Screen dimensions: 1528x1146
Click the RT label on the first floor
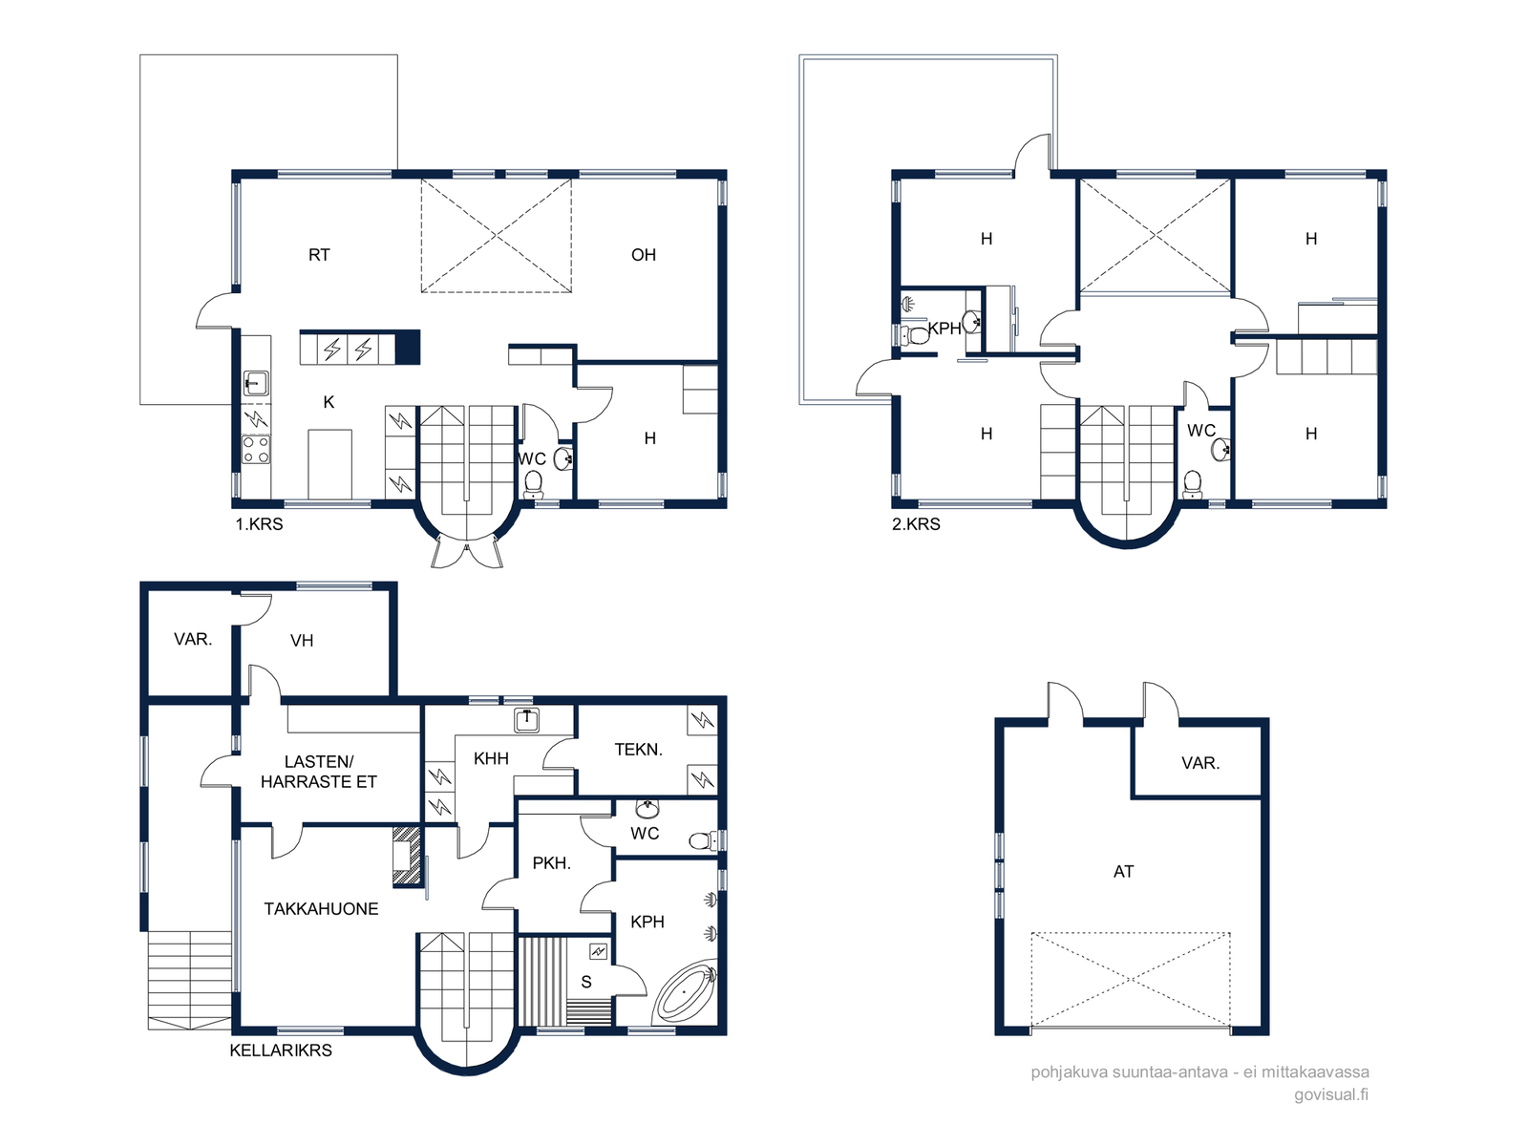pyautogui.click(x=319, y=255)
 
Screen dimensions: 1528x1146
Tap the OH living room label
pyautogui.click(x=644, y=255)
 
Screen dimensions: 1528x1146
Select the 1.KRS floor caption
pyautogui.click(x=259, y=524)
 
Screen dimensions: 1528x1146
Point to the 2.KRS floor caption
pyautogui.click(x=916, y=524)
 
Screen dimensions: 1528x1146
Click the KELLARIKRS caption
pyautogui.click(x=281, y=1050)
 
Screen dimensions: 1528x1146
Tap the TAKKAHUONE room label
pyautogui.click(x=321, y=909)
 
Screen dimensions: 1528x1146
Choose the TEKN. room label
pyautogui.click(x=638, y=750)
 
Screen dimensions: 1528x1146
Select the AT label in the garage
pyautogui.click(x=1123, y=871)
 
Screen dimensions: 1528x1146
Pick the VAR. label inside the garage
pyautogui.click(x=1200, y=763)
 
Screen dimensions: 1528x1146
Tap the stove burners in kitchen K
pyautogui.click(x=256, y=450)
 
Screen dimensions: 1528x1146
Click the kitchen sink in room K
pyautogui.click(x=256, y=383)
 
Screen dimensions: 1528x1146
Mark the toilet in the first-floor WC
pyautogui.click(x=533, y=484)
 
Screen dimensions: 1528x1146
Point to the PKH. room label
pyautogui.click(x=551, y=863)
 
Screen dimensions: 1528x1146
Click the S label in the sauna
pyautogui.click(x=586, y=982)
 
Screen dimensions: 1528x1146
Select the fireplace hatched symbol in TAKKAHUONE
pyautogui.click(x=407, y=856)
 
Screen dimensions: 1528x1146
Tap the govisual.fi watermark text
pyautogui.click(x=1331, y=1094)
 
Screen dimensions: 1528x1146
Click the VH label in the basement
pyautogui.click(x=302, y=641)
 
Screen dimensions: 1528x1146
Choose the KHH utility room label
pyautogui.click(x=491, y=758)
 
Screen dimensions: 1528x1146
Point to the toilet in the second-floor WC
pyautogui.click(x=1193, y=484)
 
